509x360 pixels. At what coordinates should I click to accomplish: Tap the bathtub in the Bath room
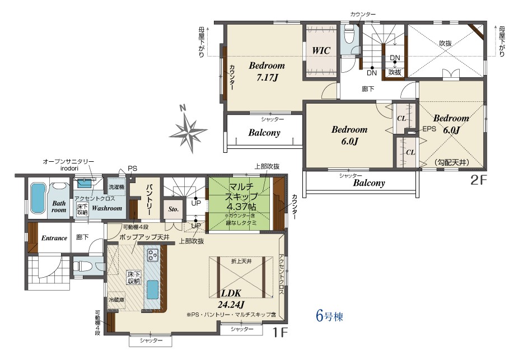click(x=38, y=198)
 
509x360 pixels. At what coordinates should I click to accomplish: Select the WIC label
click(x=321, y=50)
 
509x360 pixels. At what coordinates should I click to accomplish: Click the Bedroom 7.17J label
click(x=267, y=72)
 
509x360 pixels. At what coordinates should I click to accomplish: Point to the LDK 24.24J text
click(x=232, y=299)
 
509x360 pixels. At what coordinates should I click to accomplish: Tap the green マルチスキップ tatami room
click(x=241, y=204)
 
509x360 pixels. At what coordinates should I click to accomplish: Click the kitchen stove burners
click(x=152, y=255)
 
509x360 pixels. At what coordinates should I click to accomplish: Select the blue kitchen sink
click(x=152, y=289)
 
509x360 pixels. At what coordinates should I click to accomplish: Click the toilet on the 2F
click(x=349, y=35)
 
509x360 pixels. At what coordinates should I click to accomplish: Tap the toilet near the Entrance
click(x=78, y=266)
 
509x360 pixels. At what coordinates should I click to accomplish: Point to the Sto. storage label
click(x=174, y=209)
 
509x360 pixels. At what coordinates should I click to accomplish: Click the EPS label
click(x=429, y=129)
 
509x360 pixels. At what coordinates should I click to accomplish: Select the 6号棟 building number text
click(x=329, y=316)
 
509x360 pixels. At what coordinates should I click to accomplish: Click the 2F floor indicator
click(x=479, y=180)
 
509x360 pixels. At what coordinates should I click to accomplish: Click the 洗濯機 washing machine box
click(x=116, y=187)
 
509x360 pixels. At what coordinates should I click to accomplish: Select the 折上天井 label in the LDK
click(x=241, y=261)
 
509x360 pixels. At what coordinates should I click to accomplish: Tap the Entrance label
click(x=54, y=238)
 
